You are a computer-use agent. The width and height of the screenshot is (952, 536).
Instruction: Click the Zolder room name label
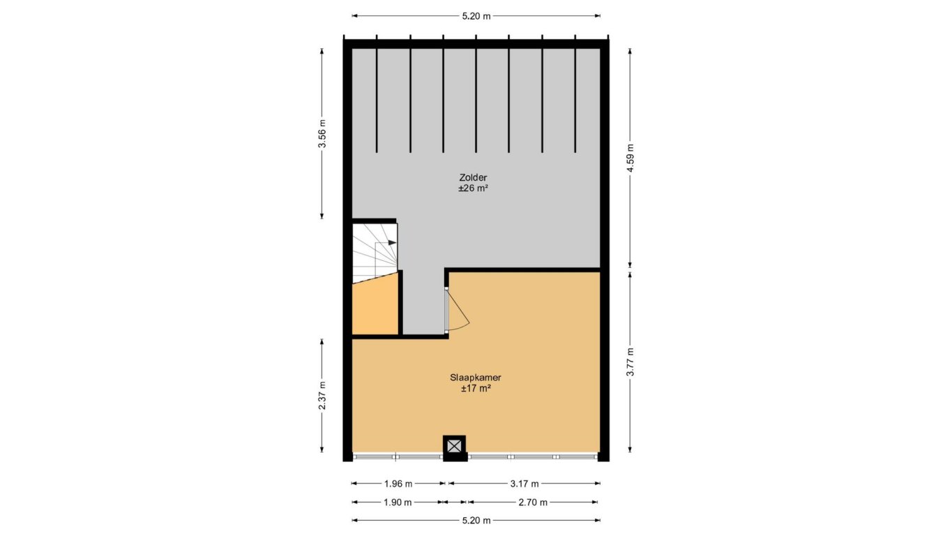click(473, 177)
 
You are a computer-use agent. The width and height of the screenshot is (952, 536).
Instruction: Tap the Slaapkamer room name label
click(476, 378)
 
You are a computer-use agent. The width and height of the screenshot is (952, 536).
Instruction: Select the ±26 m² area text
click(473, 188)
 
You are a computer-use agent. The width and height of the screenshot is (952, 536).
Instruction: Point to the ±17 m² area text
click(476, 388)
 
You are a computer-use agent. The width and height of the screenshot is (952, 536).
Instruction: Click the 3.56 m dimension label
click(323, 133)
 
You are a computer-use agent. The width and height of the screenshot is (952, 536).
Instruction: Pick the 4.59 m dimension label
click(630, 158)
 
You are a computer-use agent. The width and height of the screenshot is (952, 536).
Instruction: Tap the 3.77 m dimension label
click(630, 362)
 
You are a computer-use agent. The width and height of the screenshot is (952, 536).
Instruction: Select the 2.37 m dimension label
click(323, 395)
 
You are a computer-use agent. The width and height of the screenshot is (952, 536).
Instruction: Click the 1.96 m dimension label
click(398, 484)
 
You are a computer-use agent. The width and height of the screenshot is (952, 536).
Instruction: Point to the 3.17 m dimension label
click(524, 484)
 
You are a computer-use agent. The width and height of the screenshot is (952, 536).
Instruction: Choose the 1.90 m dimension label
click(398, 502)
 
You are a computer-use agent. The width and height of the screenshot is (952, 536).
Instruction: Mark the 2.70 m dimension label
click(533, 502)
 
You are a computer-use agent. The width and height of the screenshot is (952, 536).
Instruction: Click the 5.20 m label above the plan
click(476, 16)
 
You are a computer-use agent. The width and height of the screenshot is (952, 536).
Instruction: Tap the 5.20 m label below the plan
click(476, 520)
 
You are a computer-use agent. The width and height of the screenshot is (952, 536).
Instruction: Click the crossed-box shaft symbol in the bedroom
click(454, 446)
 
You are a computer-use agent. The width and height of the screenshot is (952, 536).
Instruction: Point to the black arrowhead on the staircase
click(392, 242)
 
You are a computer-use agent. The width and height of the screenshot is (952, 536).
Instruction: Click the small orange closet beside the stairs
click(375, 306)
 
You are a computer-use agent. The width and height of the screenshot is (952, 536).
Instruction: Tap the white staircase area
click(375, 253)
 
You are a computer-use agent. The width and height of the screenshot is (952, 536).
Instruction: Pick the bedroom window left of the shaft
click(398, 457)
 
